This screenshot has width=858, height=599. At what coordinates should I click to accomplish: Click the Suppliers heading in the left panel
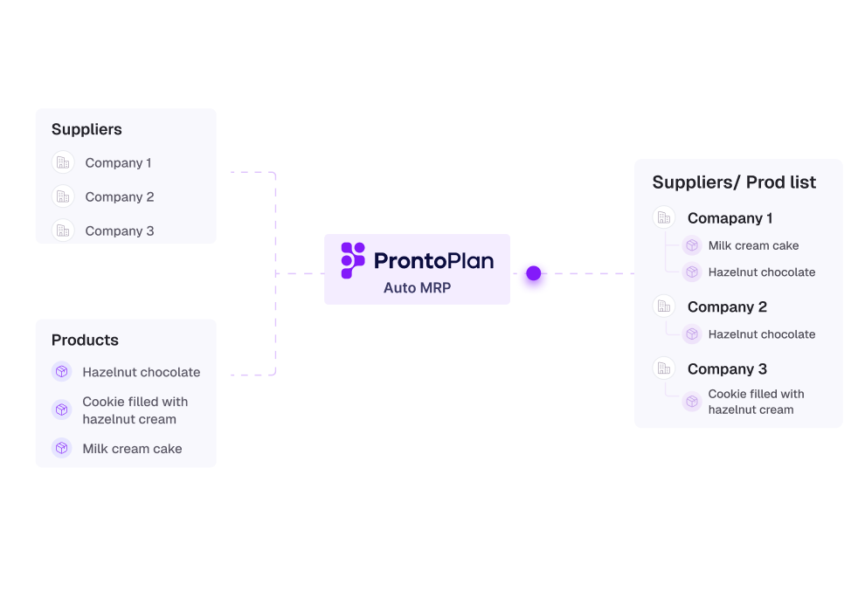(86, 129)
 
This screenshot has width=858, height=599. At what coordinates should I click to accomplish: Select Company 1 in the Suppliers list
(118, 162)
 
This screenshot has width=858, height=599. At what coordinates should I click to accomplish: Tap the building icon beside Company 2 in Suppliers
(63, 196)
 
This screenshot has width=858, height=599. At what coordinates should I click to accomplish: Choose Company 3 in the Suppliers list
(119, 231)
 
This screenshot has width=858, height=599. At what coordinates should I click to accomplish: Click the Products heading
(85, 340)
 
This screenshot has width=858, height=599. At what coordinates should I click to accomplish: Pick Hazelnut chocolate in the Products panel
(141, 372)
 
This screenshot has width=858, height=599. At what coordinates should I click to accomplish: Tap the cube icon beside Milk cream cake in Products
(62, 448)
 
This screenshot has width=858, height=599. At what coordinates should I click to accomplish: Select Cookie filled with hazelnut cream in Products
(135, 410)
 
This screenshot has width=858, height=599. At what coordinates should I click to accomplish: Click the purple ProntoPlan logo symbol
(353, 260)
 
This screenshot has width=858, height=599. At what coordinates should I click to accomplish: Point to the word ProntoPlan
(433, 260)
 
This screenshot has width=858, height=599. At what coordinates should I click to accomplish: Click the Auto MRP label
(417, 287)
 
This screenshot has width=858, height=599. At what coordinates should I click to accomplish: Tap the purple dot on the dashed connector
(534, 273)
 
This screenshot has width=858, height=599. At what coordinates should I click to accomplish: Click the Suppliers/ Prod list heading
(734, 182)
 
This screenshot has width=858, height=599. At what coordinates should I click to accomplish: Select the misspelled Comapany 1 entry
(730, 218)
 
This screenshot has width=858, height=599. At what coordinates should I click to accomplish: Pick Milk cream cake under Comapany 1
(753, 245)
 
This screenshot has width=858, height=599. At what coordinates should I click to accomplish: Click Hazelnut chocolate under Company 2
(761, 334)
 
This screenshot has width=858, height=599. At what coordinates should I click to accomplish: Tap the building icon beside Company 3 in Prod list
(664, 368)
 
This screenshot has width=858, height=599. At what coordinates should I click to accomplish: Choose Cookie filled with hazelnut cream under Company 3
(756, 402)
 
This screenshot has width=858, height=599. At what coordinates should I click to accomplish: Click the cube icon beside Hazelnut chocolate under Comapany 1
(692, 272)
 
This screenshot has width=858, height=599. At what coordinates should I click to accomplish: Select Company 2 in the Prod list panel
(727, 306)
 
